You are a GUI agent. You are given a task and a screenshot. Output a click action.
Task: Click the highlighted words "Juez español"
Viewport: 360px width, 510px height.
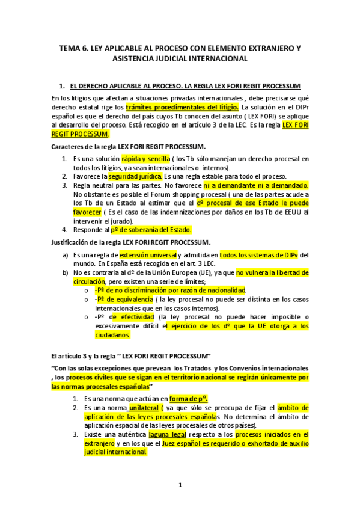coord(183,443)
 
